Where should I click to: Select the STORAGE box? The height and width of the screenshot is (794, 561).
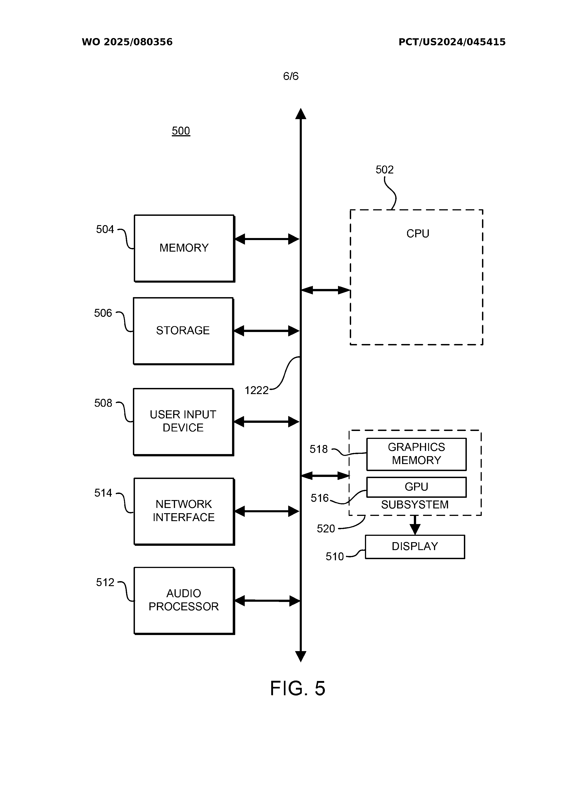coord(183,331)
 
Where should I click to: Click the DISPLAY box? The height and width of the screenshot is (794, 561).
coord(415,547)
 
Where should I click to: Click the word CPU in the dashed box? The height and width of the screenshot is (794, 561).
coord(417,234)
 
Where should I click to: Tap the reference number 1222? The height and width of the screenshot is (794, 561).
coord(257,390)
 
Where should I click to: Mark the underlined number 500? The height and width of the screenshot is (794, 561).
coord(181,131)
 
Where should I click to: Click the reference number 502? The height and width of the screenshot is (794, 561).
coord(384,170)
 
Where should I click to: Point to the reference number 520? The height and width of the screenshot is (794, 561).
coord(326,529)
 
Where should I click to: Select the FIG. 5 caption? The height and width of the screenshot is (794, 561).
coord(298,688)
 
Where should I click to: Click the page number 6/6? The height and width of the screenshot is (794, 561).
coord(291,76)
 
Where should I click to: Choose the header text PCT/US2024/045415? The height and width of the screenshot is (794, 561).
coord(452,42)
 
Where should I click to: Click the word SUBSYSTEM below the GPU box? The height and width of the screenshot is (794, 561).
coord(415,505)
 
